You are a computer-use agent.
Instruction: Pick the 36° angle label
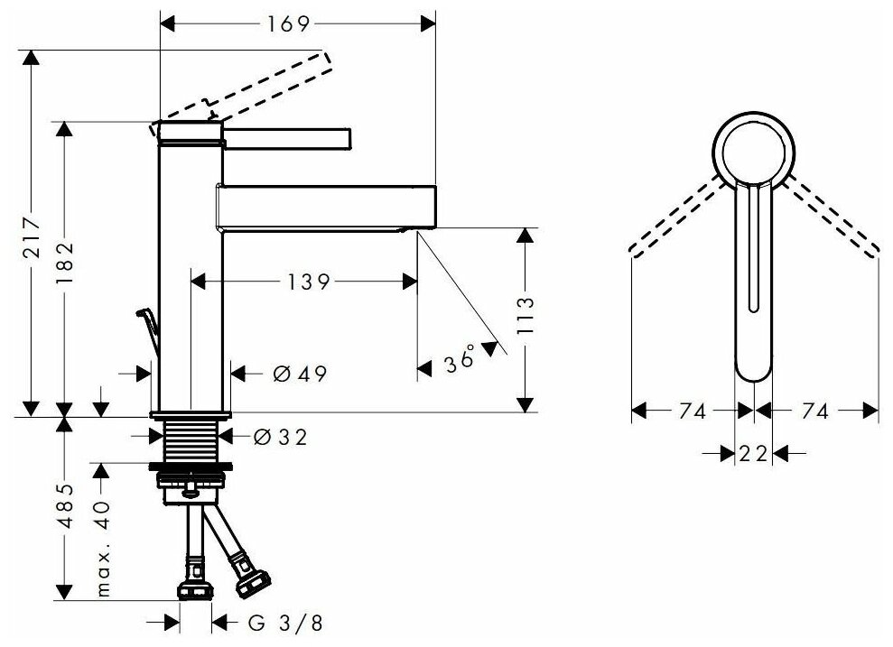pos(460,361)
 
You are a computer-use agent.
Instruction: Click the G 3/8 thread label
pos(272,623)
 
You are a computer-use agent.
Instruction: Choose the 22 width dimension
pos(752,453)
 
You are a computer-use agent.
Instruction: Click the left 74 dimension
pos(691,411)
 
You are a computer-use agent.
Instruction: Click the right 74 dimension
pos(814,411)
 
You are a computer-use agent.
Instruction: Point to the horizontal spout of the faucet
pos(325,207)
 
